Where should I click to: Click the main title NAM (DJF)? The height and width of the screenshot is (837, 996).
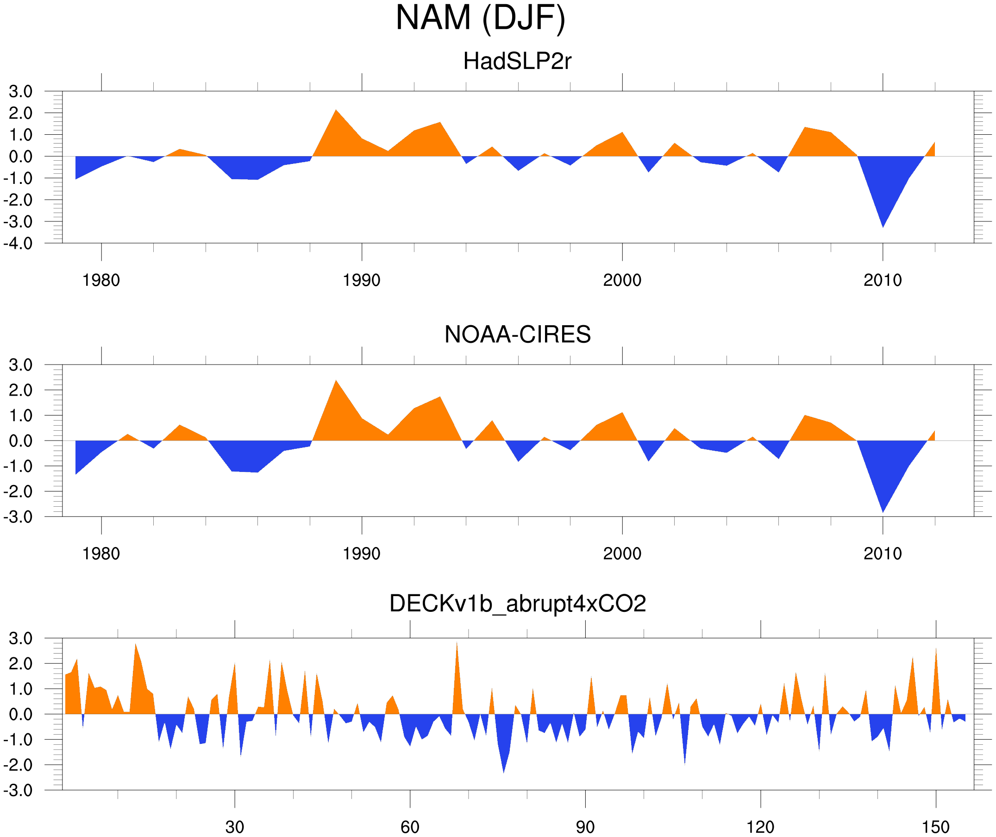[x=480, y=18]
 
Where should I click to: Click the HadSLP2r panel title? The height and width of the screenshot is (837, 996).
[x=517, y=61]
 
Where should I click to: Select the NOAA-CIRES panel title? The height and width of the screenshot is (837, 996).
[x=517, y=334]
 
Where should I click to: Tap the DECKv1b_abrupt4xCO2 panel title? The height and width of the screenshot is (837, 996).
[x=517, y=604]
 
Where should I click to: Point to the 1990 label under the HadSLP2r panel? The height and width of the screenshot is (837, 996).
[x=362, y=280]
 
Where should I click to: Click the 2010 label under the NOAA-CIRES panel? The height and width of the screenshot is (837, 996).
[x=882, y=554]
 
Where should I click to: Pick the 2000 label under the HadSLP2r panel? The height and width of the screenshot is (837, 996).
[x=622, y=280]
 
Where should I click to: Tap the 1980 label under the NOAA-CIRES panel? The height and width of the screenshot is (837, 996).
[x=101, y=554]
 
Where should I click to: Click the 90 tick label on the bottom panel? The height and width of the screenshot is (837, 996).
[x=585, y=827]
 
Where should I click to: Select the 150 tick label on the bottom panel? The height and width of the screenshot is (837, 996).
[x=935, y=827]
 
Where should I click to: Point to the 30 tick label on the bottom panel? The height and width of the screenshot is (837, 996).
[x=234, y=827]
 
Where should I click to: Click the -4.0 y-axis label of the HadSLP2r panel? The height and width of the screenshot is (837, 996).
[x=18, y=244]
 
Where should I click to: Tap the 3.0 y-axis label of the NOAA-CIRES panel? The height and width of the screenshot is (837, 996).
[x=20, y=365]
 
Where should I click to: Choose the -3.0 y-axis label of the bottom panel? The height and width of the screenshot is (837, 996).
[x=18, y=790]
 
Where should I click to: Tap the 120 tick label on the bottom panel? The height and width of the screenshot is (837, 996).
[x=760, y=827]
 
